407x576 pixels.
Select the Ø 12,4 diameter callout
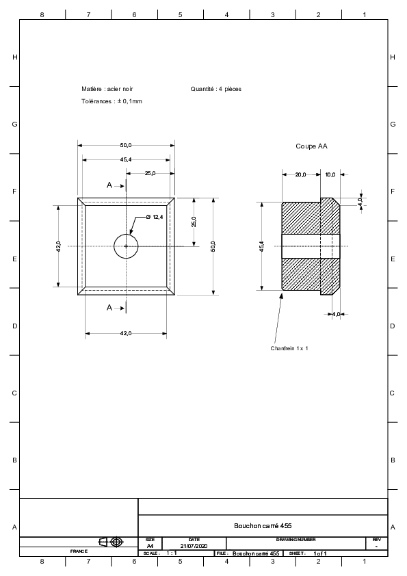(155, 217)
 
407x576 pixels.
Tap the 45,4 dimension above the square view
(126, 160)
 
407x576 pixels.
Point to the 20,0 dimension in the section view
(300, 174)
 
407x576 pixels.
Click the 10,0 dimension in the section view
(330, 174)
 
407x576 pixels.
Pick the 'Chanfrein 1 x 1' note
(289, 348)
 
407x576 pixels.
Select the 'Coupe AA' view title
(311, 146)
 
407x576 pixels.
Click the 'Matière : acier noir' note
(107, 89)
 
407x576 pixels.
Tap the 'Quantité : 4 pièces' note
(216, 89)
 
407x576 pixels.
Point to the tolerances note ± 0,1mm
(111, 101)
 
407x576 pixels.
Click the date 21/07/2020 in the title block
(194, 546)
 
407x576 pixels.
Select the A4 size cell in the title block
(150, 546)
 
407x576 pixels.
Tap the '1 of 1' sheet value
(320, 553)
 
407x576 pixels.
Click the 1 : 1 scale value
(172, 553)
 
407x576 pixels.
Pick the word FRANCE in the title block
(79, 551)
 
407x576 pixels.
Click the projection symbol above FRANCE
(111, 542)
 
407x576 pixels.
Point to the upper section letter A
(109, 185)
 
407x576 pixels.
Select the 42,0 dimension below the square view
(126, 334)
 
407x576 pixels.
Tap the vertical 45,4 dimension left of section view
(261, 246)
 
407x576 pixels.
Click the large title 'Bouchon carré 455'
(263, 525)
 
